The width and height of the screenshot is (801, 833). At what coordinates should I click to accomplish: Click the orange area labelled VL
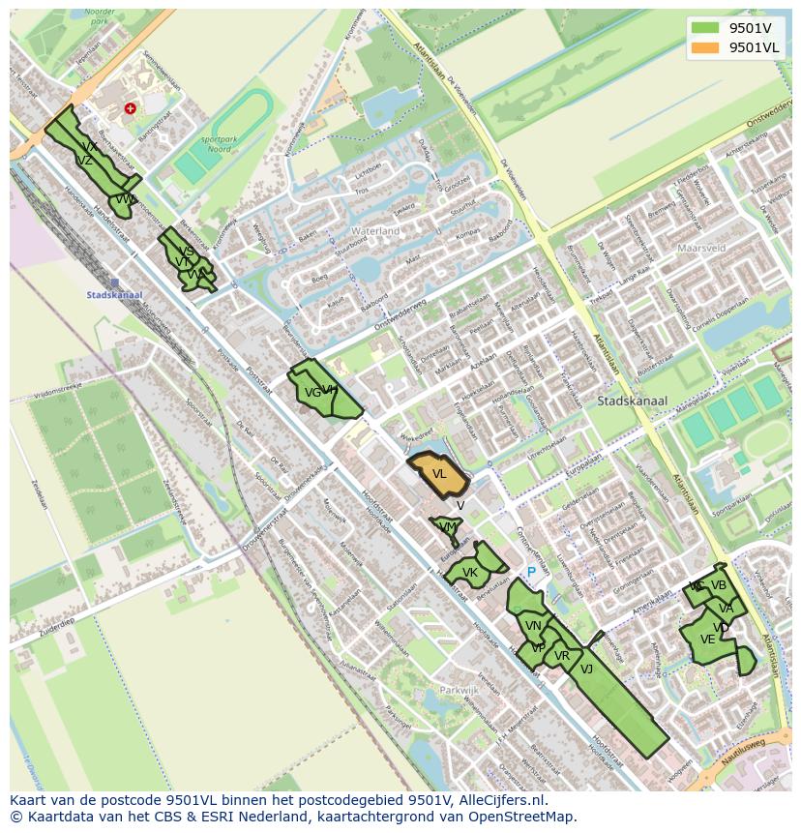(x=439, y=474)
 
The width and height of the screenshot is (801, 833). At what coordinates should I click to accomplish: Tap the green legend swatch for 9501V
(x=704, y=27)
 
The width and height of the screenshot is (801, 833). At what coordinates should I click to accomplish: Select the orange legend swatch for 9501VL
(x=704, y=46)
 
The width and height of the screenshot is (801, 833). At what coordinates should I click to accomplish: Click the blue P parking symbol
(x=531, y=574)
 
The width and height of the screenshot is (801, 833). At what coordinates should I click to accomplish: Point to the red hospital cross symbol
(x=130, y=109)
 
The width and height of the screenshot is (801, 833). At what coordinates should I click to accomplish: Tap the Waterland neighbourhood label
(x=375, y=232)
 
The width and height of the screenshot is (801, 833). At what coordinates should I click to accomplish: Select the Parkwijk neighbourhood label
(x=459, y=691)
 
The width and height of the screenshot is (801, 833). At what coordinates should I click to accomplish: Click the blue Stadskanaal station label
(x=114, y=295)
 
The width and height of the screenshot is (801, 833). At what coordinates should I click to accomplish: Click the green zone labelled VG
(x=312, y=393)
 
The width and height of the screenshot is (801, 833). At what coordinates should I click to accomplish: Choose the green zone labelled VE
(x=708, y=640)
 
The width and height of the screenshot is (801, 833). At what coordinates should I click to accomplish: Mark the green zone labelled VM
(x=447, y=527)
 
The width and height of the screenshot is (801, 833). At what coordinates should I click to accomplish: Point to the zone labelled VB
(x=718, y=585)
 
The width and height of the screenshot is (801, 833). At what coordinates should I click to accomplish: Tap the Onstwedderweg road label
(x=400, y=316)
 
